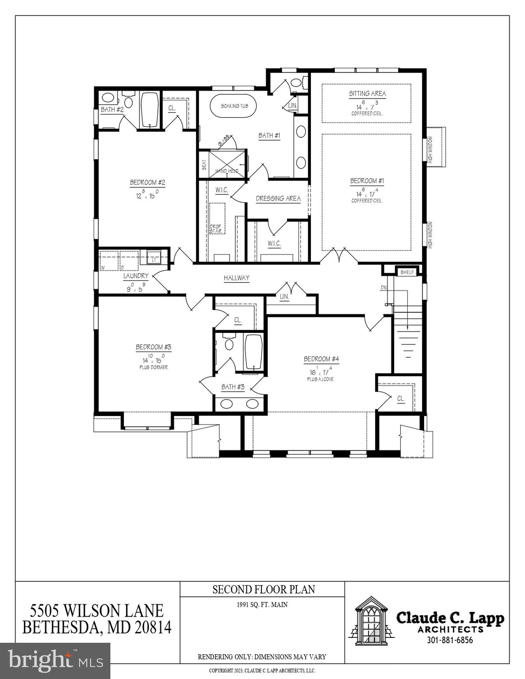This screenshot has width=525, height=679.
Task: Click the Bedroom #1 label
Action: pos(367,181)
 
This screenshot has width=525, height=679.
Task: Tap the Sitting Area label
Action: pos(367,94)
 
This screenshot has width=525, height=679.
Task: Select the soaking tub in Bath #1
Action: pos(234,106)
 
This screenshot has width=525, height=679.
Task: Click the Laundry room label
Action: pos(136,276)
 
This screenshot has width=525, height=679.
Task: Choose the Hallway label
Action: pos(236,278)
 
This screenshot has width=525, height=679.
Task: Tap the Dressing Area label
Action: pos(278,198)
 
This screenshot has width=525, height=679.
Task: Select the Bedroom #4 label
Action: pos(321,359)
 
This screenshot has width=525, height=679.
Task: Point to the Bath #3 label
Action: pos(233,387)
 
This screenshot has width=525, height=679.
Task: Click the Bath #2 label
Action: pos(112,110)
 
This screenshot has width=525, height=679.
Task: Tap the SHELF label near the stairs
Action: pos(407,272)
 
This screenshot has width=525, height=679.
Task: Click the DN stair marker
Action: pos(383,288)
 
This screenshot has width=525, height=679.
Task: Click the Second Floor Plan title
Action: pos(264,590)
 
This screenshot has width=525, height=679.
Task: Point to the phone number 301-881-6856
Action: pos(449,640)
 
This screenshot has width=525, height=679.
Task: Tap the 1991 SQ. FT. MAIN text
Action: pos(262,605)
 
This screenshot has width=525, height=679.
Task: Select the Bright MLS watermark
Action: pos(55,660)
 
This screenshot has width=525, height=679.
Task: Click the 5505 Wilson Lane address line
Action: pos(97,611)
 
